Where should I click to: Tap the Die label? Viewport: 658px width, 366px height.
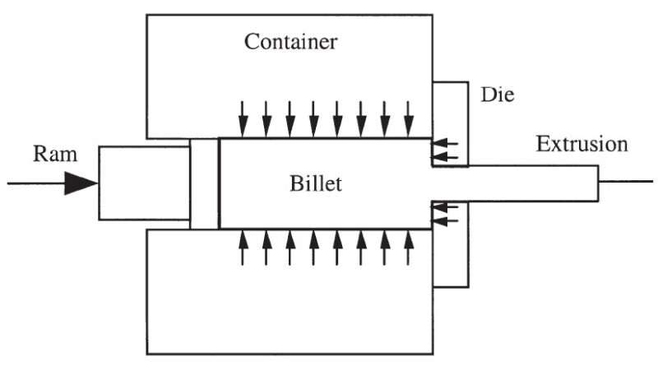point(497,95)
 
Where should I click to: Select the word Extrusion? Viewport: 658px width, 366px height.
point(582,145)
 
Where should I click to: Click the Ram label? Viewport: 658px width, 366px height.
point(50,152)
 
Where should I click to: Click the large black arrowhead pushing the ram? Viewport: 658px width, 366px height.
point(81,183)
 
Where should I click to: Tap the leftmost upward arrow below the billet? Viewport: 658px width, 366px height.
point(242,248)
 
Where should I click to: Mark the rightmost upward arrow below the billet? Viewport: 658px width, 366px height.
point(409,248)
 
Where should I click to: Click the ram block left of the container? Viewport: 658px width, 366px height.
point(143,183)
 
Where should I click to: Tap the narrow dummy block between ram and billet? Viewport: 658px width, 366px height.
point(204,183)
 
